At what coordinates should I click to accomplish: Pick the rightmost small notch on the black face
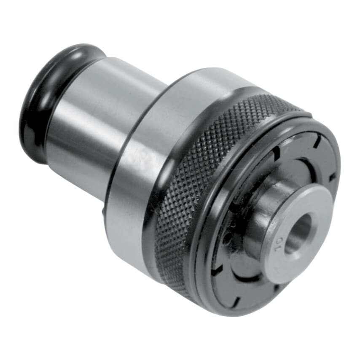point(333,177)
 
